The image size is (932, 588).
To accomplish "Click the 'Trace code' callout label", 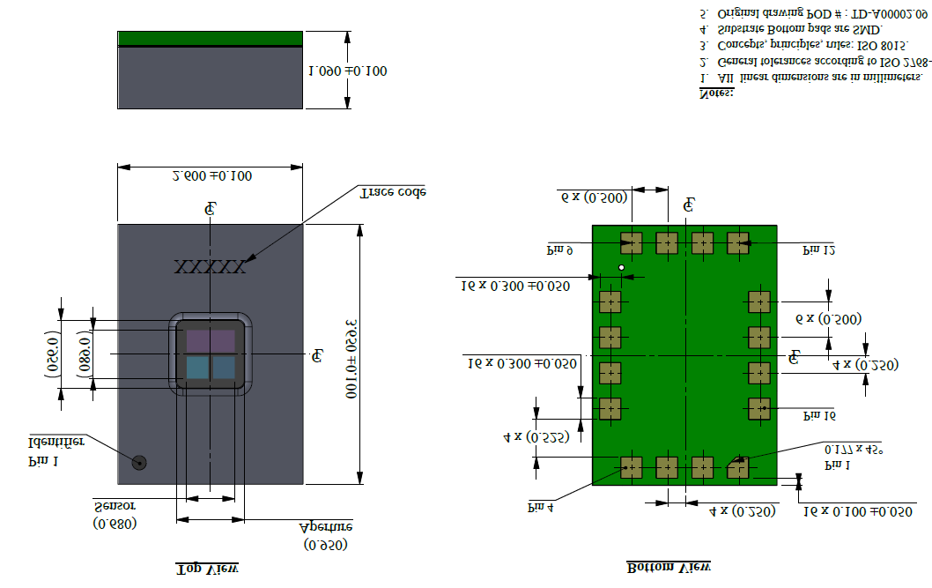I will [393, 191].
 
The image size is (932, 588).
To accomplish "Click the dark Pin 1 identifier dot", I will [139, 462].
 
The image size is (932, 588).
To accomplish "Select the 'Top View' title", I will [208, 569].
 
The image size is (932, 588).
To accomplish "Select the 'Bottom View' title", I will [669, 567].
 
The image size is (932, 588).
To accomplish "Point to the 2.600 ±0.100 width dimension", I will [211, 176].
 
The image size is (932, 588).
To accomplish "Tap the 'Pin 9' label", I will [560, 250].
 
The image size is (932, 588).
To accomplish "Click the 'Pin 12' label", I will [818, 250].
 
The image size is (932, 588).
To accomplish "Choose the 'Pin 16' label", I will [818, 413].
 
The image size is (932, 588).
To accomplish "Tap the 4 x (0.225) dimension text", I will [536, 436].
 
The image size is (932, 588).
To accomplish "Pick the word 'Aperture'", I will [326, 526].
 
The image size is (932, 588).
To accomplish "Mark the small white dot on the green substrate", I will [621, 267].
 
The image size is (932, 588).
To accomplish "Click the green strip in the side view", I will [210, 38].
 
